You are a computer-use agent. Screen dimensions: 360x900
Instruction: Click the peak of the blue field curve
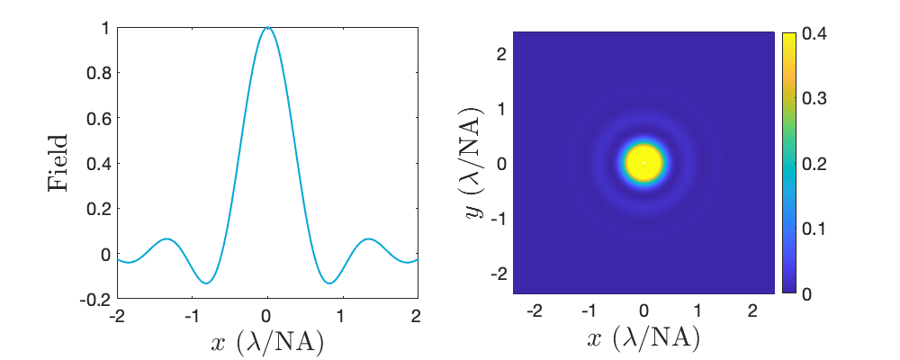click(267, 28)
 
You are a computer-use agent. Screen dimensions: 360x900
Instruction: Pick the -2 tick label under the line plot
click(115, 316)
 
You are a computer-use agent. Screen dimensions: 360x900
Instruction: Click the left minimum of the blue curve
click(207, 283)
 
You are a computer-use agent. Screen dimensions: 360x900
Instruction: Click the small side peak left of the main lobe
click(166, 239)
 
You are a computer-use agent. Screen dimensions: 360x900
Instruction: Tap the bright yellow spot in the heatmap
click(643, 163)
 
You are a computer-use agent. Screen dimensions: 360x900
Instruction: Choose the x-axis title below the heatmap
click(643, 340)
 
